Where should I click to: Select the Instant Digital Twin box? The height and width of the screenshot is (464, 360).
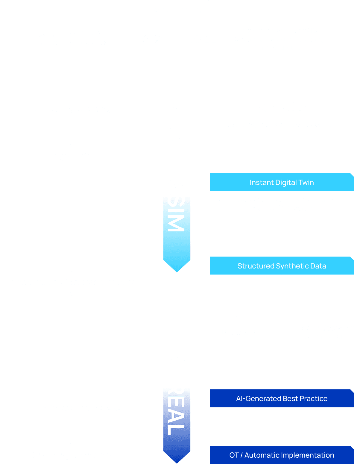click(x=282, y=182)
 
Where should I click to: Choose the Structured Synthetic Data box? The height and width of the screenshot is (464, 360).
click(x=282, y=266)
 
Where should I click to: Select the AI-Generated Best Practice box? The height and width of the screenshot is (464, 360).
click(x=282, y=398)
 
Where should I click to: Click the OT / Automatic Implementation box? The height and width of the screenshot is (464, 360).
click(x=282, y=455)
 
